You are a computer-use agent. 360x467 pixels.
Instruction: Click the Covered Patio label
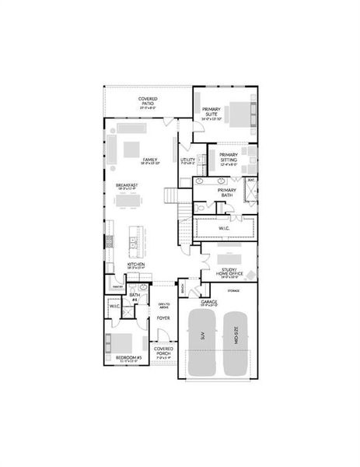pyautogui.click(x=148, y=102)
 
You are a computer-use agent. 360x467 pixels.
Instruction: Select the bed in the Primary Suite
pyautogui.click(x=242, y=114)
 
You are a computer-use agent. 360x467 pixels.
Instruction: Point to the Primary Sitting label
pyautogui.click(x=228, y=159)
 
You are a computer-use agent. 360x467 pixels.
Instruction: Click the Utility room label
pyautogui.click(x=188, y=162)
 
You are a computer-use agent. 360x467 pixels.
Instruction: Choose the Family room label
pyautogui.click(x=150, y=161)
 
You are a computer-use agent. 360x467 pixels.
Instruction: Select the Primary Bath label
pyautogui.click(x=227, y=192)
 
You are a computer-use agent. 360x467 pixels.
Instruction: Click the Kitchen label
pyautogui.click(x=136, y=266)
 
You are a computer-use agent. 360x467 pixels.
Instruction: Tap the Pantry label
pyautogui.click(x=118, y=286)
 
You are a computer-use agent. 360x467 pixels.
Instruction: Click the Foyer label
pyautogui.click(x=163, y=318)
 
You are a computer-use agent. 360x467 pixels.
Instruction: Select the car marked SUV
pyautogui.click(x=201, y=342)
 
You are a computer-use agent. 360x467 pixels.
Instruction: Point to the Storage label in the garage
pyautogui.click(x=233, y=290)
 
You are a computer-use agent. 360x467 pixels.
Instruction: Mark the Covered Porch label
pyautogui.click(x=163, y=350)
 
